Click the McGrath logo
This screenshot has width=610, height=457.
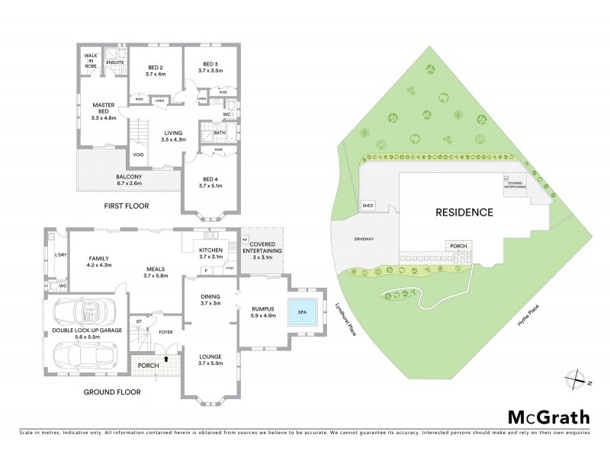pyautogui.click(x=548, y=417)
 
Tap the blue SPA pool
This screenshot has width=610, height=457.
pyautogui.click(x=300, y=314)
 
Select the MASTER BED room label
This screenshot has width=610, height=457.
pyautogui.click(x=103, y=111)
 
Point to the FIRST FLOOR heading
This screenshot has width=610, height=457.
pyautogui.click(x=127, y=206)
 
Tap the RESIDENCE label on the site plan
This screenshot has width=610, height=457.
pyautogui.click(x=464, y=212)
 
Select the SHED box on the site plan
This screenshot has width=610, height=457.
pyautogui.click(x=368, y=206)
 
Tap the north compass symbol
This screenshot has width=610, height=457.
pyautogui.click(x=577, y=378)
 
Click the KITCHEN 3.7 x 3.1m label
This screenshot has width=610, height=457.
pyautogui.click(x=210, y=254)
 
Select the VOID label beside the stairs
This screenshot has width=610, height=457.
pyautogui.click(x=138, y=155)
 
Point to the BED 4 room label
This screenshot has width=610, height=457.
pyautogui.click(x=209, y=181)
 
